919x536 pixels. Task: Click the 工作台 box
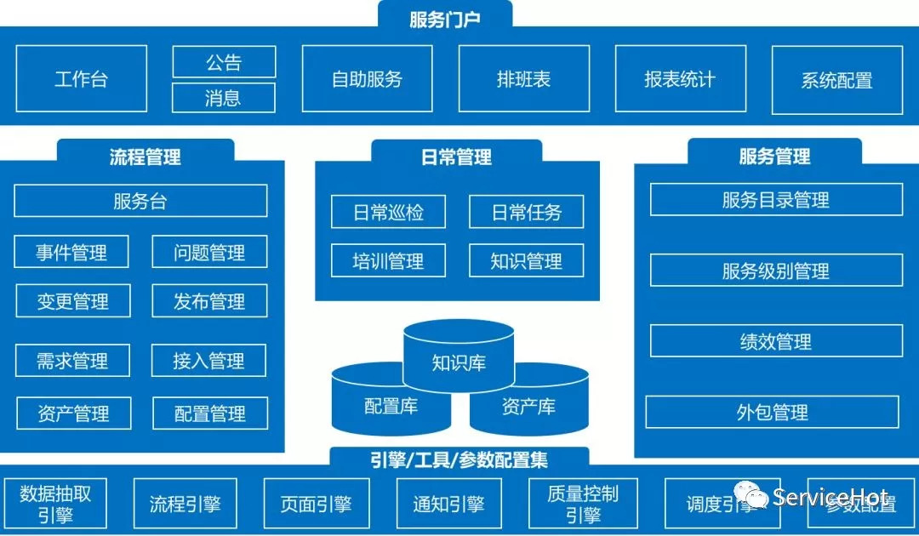point(82,79)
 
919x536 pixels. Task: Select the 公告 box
point(224,62)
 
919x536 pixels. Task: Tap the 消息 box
point(224,98)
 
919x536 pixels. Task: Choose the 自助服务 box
point(367,79)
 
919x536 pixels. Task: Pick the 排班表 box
point(523,79)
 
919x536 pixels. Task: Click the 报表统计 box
point(680,79)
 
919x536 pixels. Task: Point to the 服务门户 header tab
point(445,17)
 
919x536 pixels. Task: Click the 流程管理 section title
point(146,157)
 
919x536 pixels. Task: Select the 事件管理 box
point(72,253)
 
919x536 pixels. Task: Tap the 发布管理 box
point(209,301)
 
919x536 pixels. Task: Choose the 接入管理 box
point(208,361)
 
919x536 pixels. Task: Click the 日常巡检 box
point(388,212)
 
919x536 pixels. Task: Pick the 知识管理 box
point(526,261)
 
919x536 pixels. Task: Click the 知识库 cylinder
point(459,362)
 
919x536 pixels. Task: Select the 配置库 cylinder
point(391,407)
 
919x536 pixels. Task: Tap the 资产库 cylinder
point(528,407)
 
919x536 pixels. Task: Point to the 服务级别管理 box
point(776,271)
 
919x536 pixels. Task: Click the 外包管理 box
point(772,413)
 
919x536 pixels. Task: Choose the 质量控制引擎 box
point(583,504)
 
